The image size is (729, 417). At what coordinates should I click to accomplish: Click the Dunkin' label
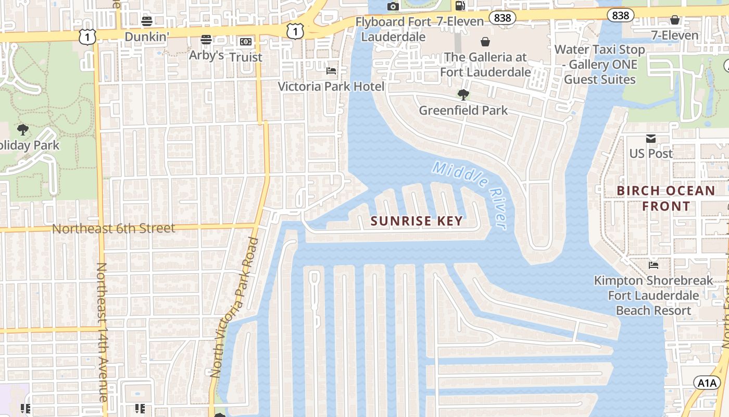tap(147, 36)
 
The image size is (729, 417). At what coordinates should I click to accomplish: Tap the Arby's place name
tap(206, 55)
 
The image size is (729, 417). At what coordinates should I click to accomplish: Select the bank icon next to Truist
tap(245, 42)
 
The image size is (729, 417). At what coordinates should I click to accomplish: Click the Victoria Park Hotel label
tap(331, 87)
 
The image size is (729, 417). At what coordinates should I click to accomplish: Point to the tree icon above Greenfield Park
tap(463, 95)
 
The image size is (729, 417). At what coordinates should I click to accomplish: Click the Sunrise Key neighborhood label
tap(417, 221)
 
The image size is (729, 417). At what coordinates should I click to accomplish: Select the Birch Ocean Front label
tap(666, 198)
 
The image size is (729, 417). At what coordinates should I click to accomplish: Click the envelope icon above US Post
tap(651, 138)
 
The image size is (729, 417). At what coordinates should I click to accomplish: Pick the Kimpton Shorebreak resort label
tap(653, 296)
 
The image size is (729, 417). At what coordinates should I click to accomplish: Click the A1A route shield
tap(707, 383)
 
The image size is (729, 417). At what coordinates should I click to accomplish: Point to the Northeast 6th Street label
tap(114, 228)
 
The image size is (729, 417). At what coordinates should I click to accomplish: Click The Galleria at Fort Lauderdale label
tap(485, 65)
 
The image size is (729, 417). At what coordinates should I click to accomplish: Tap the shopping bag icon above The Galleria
tap(485, 42)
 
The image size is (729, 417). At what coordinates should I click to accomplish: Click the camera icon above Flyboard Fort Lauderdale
tap(393, 6)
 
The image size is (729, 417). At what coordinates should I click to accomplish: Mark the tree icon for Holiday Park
tap(22, 129)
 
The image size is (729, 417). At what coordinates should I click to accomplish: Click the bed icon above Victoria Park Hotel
tap(331, 71)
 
